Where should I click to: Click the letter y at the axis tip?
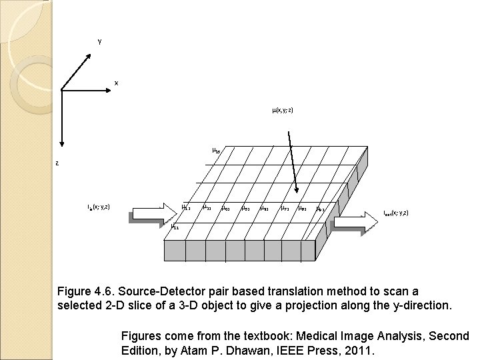(99, 42)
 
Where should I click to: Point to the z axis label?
(57, 162)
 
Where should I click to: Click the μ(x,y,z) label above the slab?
(283, 110)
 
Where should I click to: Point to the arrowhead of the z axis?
(61, 143)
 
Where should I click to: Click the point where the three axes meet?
(61, 89)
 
